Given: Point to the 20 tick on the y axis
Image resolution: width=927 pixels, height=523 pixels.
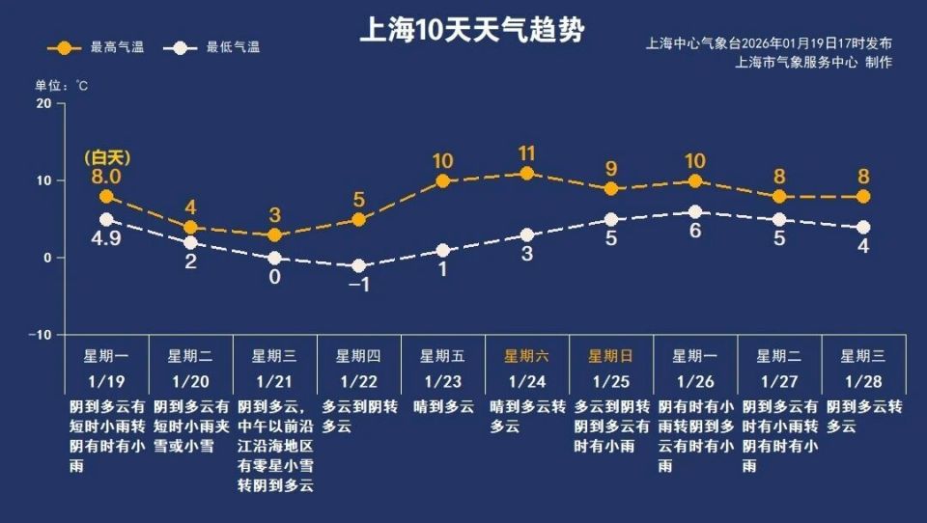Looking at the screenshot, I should click(43, 103).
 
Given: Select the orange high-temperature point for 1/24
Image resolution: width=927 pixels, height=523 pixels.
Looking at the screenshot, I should click(526, 174).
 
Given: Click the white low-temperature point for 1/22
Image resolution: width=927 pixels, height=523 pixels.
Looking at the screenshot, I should click(358, 265).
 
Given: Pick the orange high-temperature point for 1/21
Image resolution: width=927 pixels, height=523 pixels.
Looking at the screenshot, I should click(274, 235).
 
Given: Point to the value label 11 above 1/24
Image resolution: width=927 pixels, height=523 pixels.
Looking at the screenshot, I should click(526, 152).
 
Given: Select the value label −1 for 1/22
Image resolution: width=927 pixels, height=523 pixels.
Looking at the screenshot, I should click(358, 286).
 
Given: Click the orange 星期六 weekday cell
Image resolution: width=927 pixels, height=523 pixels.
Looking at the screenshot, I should click(526, 355).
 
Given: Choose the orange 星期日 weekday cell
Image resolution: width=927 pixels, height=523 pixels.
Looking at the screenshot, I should click(610, 355).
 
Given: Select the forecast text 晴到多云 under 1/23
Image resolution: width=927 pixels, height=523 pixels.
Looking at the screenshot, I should click(442, 407).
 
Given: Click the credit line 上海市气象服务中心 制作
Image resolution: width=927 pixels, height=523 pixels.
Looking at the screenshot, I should click(813, 62).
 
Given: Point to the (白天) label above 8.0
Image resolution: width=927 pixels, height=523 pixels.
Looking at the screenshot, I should click(106, 157).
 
